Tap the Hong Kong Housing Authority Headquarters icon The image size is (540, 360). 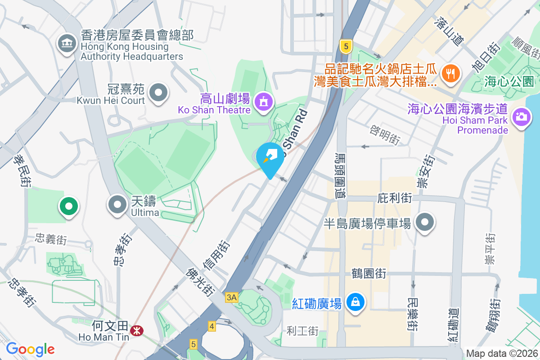coord(67,44)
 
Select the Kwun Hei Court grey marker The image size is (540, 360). coord(158,93)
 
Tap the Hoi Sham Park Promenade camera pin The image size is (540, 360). coord(521,117)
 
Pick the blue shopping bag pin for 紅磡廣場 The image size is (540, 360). coord(355,301)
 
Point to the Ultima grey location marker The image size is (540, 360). coord(118,205)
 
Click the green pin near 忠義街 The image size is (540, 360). coord(69,207)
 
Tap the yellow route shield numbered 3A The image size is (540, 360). coord(231,297)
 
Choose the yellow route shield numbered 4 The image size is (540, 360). coord(211,325)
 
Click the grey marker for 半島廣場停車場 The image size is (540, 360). coord(424,222)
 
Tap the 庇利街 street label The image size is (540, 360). coord(395,198)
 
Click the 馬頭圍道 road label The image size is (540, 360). coord(340,175)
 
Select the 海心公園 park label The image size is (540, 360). coord(509,81)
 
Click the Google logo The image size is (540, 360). coord(30,349)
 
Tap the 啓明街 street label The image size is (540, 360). coord(385,135)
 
